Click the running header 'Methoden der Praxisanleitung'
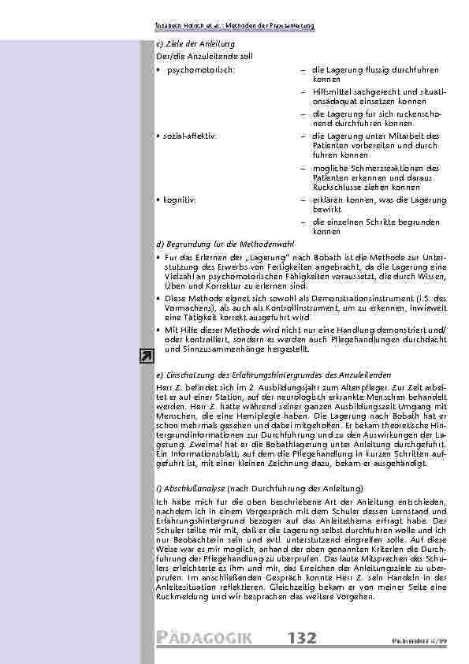point(269,25)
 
